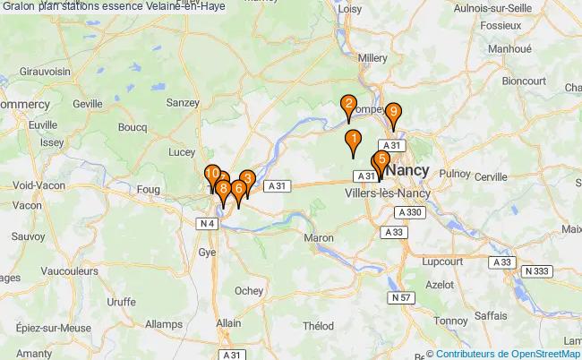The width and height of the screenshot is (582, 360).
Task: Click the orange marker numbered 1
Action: [x=353, y=141]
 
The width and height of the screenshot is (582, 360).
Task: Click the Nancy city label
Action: [x=409, y=170]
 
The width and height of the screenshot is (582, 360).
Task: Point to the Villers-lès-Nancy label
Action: [x=387, y=192]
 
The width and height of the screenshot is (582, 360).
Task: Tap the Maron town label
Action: [x=318, y=238]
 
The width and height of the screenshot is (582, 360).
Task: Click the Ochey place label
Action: [x=248, y=290]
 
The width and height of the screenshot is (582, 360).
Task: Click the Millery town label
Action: [x=372, y=57]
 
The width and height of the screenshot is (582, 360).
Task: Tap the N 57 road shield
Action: [x=399, y=296]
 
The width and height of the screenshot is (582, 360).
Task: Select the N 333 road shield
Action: [x=537, y=270]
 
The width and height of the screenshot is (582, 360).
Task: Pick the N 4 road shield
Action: [x=208, y=223]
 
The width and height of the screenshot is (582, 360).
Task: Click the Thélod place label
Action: [x=319, y=326]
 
